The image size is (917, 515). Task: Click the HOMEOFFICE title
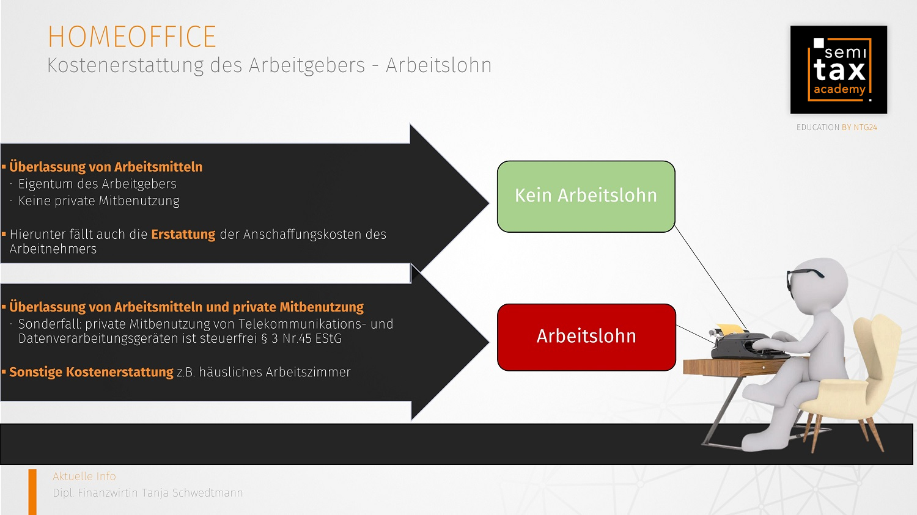tap(132, 37)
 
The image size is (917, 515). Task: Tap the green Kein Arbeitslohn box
tap(586, 196)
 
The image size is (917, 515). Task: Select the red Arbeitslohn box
tap(586, 337)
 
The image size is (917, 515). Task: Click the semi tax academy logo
tap(838, 70)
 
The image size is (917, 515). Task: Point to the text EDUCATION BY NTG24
tap(836, 127)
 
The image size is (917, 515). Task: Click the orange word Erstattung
tap(183, 235)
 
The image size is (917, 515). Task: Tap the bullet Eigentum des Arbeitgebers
tap(97, 184)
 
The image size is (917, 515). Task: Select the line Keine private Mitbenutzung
tap(98, 201)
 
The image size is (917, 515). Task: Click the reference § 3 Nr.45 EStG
tap(301, 338)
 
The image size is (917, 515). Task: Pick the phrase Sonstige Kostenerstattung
tap(91, 372)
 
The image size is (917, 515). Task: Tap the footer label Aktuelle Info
tap(84, 476)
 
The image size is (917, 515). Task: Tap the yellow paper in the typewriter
tap(731, 328)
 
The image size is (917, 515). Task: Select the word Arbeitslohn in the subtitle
tap(438, 65)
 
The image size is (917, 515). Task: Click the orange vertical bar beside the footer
tap(32, 492)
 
